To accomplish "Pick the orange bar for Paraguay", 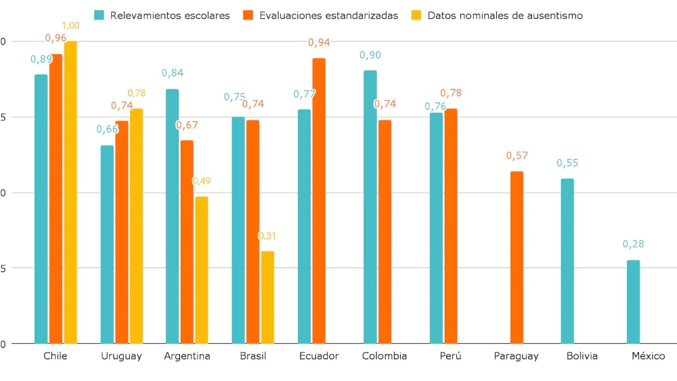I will (x=517, y=257).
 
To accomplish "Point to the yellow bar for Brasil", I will (x=267, y=297).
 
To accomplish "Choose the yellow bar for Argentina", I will (x=202, y=270).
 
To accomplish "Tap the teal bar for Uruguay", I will (x=107, y=244).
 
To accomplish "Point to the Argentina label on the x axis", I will (x=187, y=356).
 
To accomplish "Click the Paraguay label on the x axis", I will (x=517, y=356).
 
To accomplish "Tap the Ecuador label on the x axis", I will (x=318, y=356).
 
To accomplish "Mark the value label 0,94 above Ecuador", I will (x=319, y=43).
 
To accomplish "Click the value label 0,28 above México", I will (x=634, y=244).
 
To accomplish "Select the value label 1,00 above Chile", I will (x=70, y=26).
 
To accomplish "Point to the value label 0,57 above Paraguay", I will (x=517, y=156).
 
